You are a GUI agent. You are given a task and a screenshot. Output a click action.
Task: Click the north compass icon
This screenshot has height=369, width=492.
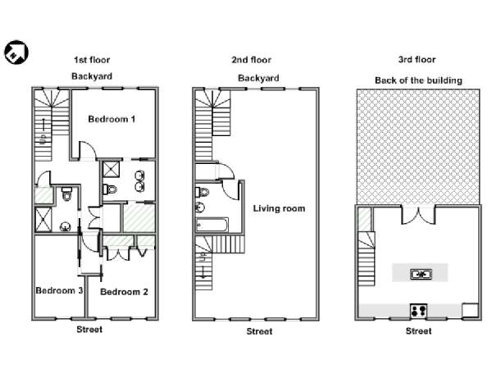16,52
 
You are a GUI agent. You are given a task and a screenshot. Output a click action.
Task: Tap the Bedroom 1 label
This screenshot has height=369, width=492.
112,119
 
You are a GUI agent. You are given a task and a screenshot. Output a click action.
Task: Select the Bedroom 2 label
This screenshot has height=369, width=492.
124,292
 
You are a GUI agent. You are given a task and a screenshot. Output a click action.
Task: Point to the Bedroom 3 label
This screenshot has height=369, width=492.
59,290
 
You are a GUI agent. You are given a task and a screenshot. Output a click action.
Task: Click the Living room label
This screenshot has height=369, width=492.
279,208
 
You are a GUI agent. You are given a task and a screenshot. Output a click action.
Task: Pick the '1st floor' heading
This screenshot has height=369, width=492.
92,60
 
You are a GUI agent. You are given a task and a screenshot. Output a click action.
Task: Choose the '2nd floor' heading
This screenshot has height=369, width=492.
252,60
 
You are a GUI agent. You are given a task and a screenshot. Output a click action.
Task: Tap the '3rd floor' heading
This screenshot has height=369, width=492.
417,60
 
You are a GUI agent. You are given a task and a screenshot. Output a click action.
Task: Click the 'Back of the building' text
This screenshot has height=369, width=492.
418,80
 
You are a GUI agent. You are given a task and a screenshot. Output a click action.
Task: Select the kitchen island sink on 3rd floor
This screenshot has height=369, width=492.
421,274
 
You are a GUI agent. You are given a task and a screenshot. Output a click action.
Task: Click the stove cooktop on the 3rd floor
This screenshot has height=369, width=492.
418,311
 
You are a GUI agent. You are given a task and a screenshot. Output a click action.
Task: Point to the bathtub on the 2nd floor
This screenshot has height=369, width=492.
212,225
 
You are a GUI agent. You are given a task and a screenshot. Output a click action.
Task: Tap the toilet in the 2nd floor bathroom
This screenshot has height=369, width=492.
203,192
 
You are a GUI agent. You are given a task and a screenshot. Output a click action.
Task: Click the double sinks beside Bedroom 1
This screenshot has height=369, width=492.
139,181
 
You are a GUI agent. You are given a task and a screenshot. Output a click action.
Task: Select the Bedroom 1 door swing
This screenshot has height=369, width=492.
87,151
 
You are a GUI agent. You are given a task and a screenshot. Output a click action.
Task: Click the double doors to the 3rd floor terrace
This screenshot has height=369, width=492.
418,215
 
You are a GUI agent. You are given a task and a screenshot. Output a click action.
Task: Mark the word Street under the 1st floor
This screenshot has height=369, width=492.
89,330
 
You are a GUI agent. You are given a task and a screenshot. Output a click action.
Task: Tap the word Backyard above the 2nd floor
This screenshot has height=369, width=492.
258,78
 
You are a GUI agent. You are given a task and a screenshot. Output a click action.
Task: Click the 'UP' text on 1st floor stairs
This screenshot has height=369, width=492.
43,139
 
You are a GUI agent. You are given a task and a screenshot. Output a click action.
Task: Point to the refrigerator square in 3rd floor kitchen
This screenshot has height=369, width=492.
470,310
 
